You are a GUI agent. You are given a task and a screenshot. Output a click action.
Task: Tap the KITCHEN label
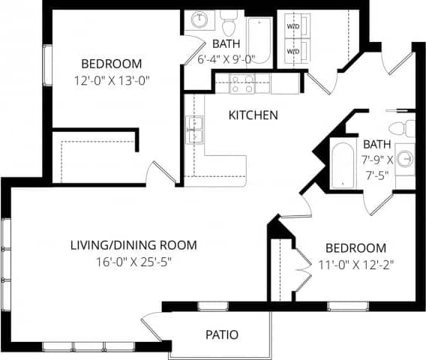253,115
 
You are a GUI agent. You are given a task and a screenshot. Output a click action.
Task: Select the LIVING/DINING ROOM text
133,245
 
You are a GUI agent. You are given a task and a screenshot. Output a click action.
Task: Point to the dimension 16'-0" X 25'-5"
133,262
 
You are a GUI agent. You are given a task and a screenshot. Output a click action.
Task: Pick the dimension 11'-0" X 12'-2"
355,264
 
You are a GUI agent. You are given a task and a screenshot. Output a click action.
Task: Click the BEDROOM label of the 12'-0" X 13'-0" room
112,64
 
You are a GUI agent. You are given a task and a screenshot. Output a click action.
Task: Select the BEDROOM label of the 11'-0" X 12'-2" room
355,247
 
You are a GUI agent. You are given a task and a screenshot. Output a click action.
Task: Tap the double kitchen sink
193,129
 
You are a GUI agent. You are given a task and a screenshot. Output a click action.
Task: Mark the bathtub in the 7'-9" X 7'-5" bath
342,163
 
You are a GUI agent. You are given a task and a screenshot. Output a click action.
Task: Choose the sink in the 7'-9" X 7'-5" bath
406,159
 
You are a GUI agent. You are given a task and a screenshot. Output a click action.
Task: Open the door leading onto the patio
154,327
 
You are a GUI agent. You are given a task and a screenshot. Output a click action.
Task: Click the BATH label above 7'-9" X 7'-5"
376,144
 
